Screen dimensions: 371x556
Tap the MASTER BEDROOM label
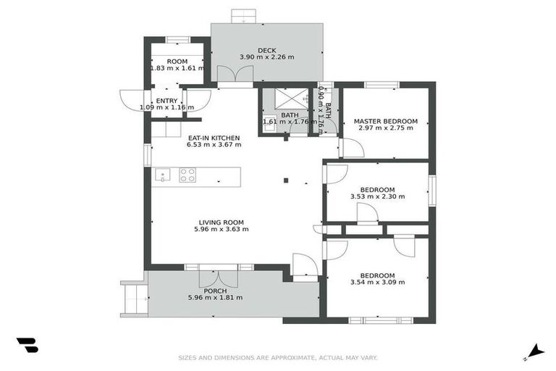(385, 120)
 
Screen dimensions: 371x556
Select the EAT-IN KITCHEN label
(214, 138)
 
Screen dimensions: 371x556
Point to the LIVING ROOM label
(221, 222)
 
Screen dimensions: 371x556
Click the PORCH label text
(215, 291)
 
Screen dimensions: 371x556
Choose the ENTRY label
(167, 101)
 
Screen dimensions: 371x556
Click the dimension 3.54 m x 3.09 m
(377, 283)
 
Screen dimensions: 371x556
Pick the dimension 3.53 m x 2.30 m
(377, 196)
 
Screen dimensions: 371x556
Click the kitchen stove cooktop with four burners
(188, 175)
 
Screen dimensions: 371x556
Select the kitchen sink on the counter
(162, 175)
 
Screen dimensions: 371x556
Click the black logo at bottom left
(27, 346)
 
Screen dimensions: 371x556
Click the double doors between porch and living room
(214, 276)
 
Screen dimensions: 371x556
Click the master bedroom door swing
(352, 147)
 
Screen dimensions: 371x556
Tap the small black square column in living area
(286, 180)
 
